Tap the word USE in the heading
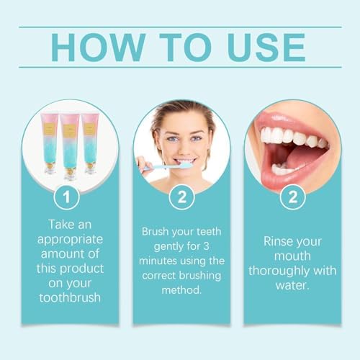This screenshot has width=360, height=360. pyautogui.click(x=264, y=47)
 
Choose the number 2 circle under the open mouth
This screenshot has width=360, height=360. pyautogui.click(x=292, y=196)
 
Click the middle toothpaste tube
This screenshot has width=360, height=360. pyautogui.click(x=70, y=144)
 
